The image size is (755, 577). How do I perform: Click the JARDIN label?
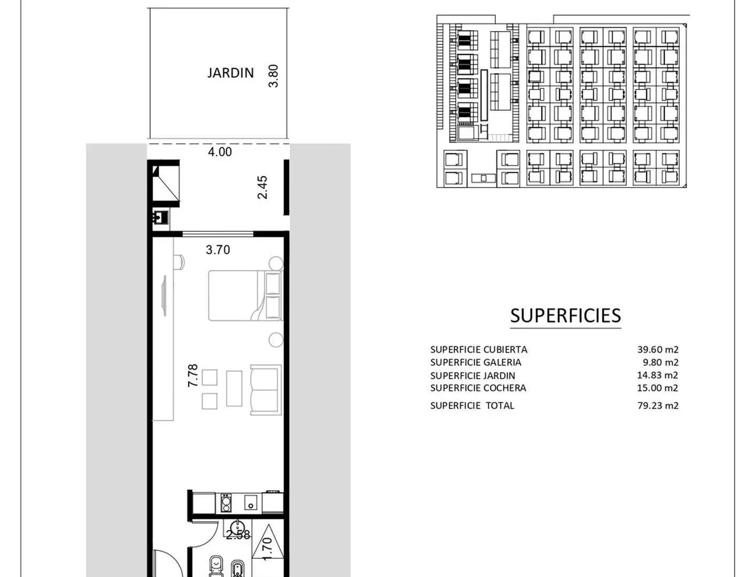[x=230, y=73]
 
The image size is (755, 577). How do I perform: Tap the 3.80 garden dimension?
[x=273, y=76]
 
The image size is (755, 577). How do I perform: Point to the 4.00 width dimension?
[x=220, y=152]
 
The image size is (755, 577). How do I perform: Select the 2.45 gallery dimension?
[x=262, y=188]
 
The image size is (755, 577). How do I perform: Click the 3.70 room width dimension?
[x=217, y=249]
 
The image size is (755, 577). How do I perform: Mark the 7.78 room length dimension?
[x=192, y=376]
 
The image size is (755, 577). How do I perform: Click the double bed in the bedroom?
[x=245, y=296]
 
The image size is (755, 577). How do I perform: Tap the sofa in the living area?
[x=266, y=390]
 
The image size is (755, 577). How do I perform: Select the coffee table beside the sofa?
[x=234, y=388]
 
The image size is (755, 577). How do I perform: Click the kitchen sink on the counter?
[x=251, y=502]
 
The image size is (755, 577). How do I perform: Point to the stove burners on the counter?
[x=225, y=503]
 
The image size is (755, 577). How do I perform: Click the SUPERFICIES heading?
[x=565, y=315]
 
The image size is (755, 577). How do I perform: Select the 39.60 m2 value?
[x=658, y=349]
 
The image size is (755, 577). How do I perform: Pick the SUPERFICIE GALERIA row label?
[x=476, y=362]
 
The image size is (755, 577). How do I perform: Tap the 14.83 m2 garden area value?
[x=657, y=375]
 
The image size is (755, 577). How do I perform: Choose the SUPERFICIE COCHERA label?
[x=478, y=388]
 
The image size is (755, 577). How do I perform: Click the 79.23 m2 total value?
[x=658, y=406]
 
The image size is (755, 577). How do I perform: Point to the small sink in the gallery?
[x=161, y=217]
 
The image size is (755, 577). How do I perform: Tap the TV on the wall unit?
[x=164, y=295]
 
